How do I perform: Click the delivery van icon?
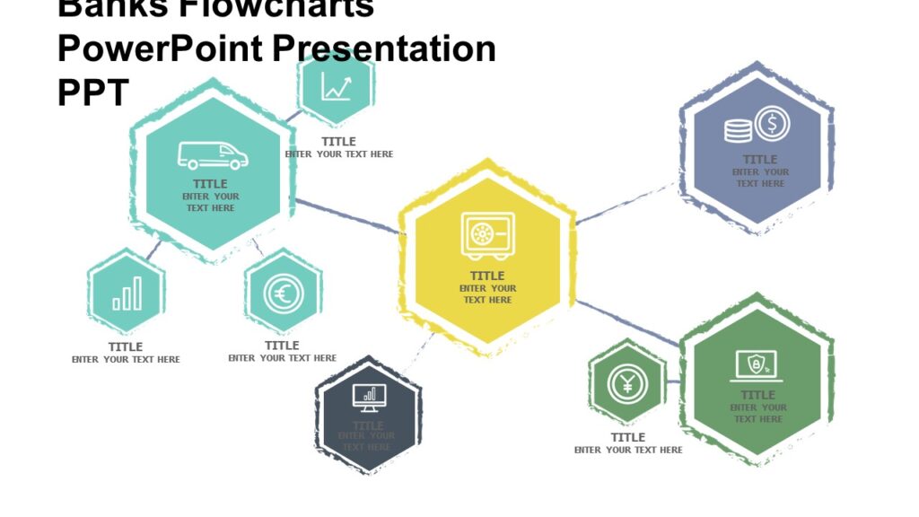pyautogui.click(x=213, y=155)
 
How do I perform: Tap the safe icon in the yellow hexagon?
pyautogui.click(x=487, y=234)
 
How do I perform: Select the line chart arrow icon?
pyautogui.click(x=337, y=88)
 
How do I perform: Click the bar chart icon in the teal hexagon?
pyautogui.click(x=127, y=294)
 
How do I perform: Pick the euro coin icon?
pyautogui.click(x=283, y=294)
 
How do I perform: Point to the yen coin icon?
pyautogui.click(x=626, y=383)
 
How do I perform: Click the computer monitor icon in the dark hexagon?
pyautogui.click(x=368, y=395)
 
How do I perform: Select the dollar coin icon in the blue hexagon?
pyautogui.click(x=772, y=124)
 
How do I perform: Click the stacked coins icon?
pyautogui.click(x=738, y=131)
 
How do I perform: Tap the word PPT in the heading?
pyautogui.click(x=93, y=92)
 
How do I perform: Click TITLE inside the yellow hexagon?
pyautogui.click(x=487, y=276)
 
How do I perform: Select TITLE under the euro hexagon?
pyautogui.click(x=282, y=346)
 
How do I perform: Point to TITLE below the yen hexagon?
pyautogui.click(x=628, y=437)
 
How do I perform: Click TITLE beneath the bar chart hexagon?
pyautogui.click(x=126, y=346)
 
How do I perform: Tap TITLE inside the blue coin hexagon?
pyautogui.click(x=760, y=160)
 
